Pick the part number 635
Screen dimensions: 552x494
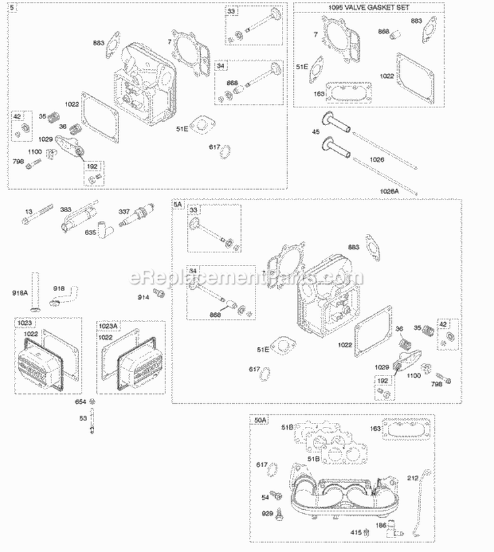pos(93,232)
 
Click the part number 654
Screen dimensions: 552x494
pos(80,401)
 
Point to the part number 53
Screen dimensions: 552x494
pos(83,418)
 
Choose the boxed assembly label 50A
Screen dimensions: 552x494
pos(260,420)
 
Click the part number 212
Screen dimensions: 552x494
pos(412,478)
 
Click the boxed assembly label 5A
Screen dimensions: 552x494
pos(177,205)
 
